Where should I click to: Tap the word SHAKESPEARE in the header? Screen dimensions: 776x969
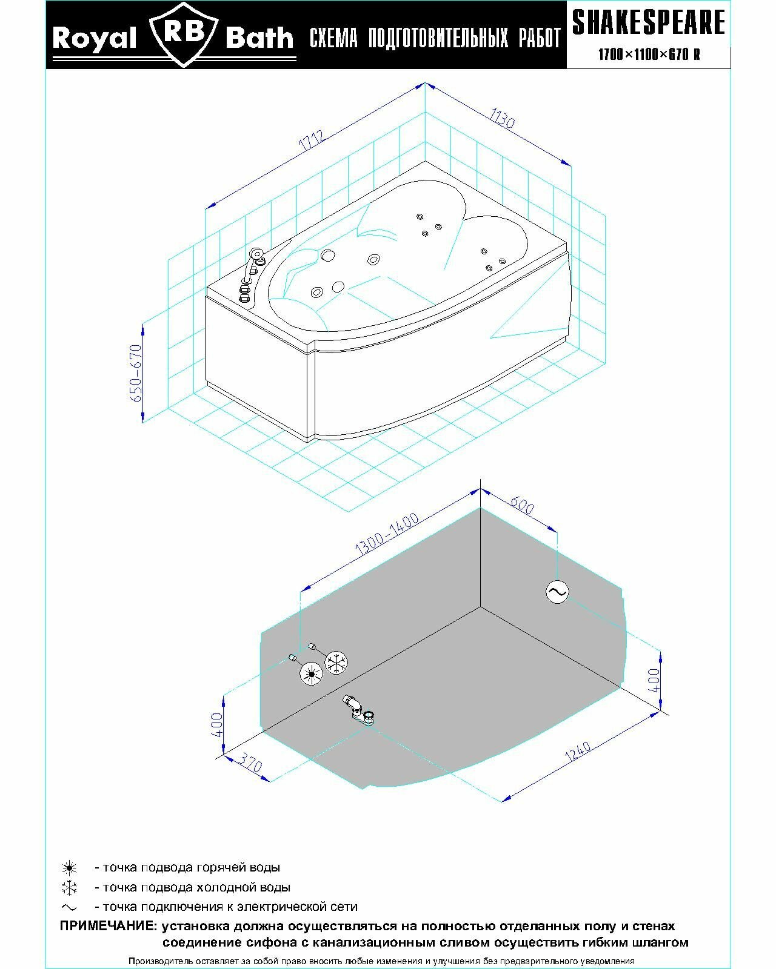[x=649, y=22]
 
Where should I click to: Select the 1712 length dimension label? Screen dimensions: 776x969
[x=313, y=141]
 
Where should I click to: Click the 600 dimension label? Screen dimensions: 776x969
[x=521, y=504]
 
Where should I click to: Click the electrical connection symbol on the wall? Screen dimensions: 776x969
[x=557, y=592]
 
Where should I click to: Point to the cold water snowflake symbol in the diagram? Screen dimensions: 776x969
[x=336, y=662]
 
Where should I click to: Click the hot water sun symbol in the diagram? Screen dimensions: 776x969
[x=312, y=673]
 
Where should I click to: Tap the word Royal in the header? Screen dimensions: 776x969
[x=94, y=39]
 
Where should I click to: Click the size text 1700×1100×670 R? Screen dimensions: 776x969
[x=649, y=55]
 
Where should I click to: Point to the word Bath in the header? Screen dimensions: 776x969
[x=259, y=39]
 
